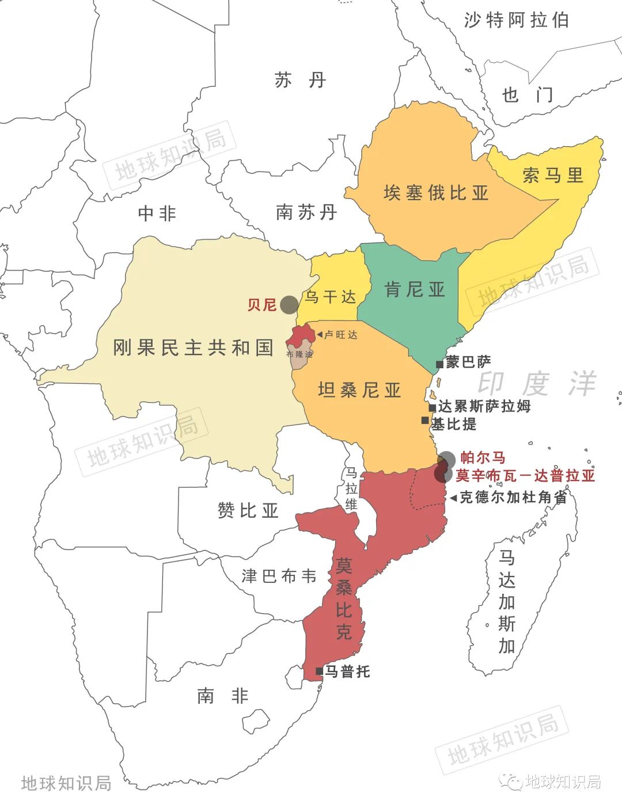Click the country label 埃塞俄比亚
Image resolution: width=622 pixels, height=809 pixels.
[x=435, y=193]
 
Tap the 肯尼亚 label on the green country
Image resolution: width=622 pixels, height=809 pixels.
[x=415, y=289]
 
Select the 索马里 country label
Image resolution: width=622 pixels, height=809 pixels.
[x=553, y=175]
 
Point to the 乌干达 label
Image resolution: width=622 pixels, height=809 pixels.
[x=330, y=297]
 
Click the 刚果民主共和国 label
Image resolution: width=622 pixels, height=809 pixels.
[x=193, y=348]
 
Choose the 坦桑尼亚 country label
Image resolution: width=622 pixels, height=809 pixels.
[x=359, y=390]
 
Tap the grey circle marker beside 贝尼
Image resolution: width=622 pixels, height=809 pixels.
[x=289, y=304]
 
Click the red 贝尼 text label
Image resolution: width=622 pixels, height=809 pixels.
[x=262, y=304]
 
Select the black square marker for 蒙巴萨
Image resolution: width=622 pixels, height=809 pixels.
[x=439, y=364]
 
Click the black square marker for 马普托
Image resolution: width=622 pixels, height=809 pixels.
[x=319, y=671]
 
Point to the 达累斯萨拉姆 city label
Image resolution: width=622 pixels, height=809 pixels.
[x=484, y=406]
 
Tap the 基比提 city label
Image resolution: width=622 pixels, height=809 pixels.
[x=454, y=425]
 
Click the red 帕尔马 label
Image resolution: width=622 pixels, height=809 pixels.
[x=483, y=457]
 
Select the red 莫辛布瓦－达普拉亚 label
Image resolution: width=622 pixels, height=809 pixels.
[x=525, y=476]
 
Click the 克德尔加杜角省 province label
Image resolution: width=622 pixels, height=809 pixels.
[x=513, y=497]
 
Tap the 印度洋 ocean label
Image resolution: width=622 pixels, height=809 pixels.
[x=536, y=384]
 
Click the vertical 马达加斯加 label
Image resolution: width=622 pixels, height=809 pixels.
[x=507, y=601]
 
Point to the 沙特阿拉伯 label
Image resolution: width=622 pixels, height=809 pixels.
[x=516, y=21]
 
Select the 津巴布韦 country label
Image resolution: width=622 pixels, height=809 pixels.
[x=279, y=576]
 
